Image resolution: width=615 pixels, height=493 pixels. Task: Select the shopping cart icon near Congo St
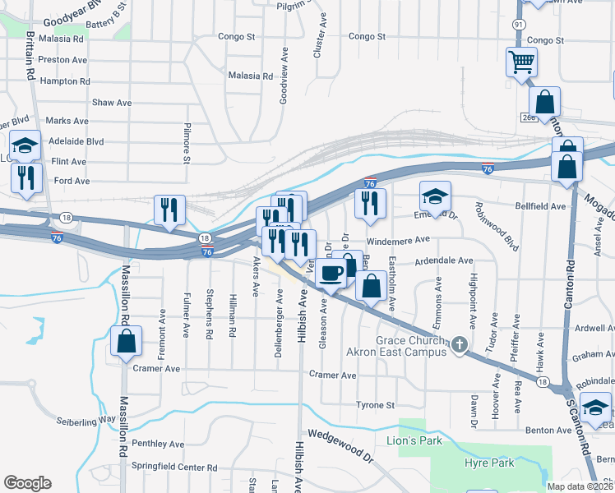(521, 62)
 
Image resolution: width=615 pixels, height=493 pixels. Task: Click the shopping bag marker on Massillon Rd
(127, 341)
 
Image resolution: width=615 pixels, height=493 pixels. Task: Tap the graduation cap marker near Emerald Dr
(435, 196)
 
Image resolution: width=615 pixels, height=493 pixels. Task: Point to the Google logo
(27, 483)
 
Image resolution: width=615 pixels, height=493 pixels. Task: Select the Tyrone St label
(376, 405)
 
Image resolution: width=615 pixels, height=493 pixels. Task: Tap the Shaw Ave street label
(113, 103)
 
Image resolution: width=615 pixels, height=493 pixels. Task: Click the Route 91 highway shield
(519, 25)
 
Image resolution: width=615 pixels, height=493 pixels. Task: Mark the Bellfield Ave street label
(540, 206)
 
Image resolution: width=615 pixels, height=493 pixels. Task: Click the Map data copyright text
(580, 486)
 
